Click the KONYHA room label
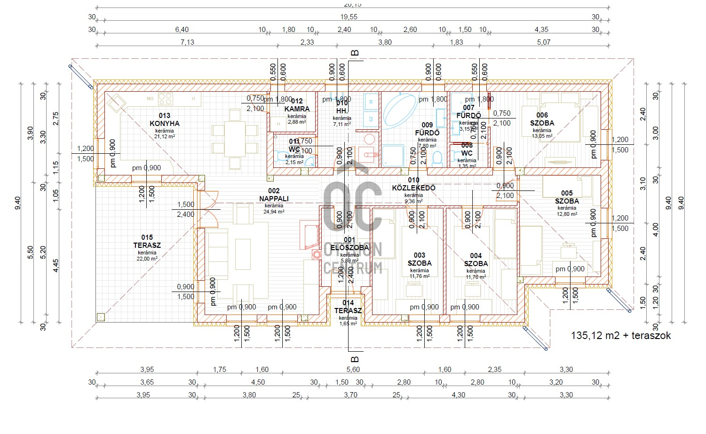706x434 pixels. click(x=165, y=124)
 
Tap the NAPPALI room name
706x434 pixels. click(x=274, y=198)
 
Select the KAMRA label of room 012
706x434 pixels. click(x=297, y=109)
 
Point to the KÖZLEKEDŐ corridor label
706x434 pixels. click(x=414, y=188)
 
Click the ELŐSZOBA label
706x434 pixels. click(x=349, y=247)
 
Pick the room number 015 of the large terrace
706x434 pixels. click(x=147, y=237)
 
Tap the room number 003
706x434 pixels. click(x=420, y=255)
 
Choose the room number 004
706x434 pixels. click(x=476, y=256)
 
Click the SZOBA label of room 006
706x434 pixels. click(x=542, y=123)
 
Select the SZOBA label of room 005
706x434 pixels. click(x=567, y=201)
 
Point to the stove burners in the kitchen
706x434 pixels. click(x=166, y=99)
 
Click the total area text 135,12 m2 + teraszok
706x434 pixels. click(x=620, y=336)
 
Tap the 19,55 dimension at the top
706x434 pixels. click(x=349, y=16)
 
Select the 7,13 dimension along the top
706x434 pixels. click(x=187, y=42)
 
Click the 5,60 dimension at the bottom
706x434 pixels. click(x=353, y=370)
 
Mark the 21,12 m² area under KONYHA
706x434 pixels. click(x=165, y=137)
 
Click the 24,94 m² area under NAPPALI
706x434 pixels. click(x=274, y=212)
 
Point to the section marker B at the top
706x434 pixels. click(x=355, y=53)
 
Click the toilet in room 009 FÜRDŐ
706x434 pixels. click(x=437, y=158)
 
